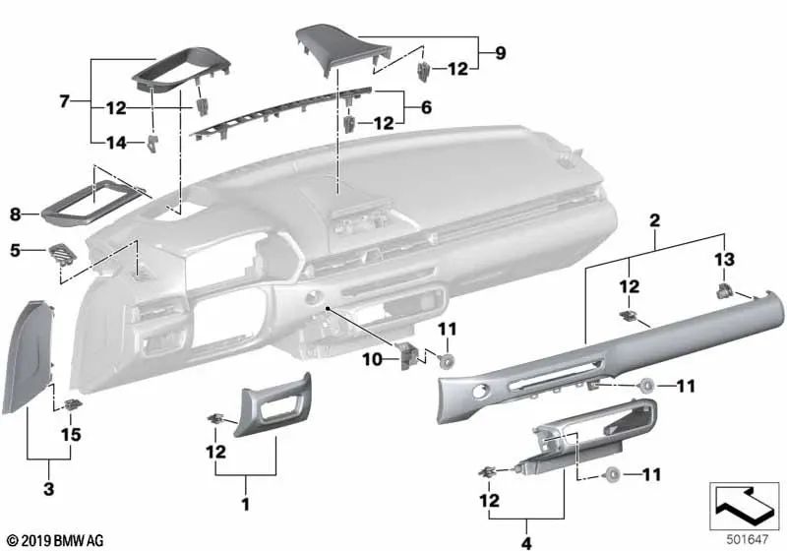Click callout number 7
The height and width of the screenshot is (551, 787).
(64, 102)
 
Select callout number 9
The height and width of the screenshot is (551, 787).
(500, 53)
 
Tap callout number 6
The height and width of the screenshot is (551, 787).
(426, 107)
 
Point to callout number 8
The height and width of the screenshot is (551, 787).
(16, 214)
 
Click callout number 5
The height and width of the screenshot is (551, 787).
(15, 250)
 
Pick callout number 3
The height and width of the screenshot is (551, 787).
(48, 488)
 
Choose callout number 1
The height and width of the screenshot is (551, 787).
(245, 504)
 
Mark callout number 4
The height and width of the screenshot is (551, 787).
(526, 543)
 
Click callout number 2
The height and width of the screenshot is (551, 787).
(654, 219)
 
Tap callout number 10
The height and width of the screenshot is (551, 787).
(372, 359)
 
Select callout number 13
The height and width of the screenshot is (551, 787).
(724, 259)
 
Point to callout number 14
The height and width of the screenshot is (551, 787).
(116, 143)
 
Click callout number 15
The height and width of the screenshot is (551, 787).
(71, 434)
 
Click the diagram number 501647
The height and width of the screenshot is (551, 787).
(748, 539)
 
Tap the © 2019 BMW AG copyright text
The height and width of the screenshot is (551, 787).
(56, 540)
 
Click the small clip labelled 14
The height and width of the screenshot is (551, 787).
(152, 143)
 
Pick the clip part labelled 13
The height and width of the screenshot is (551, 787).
(724, 289)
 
